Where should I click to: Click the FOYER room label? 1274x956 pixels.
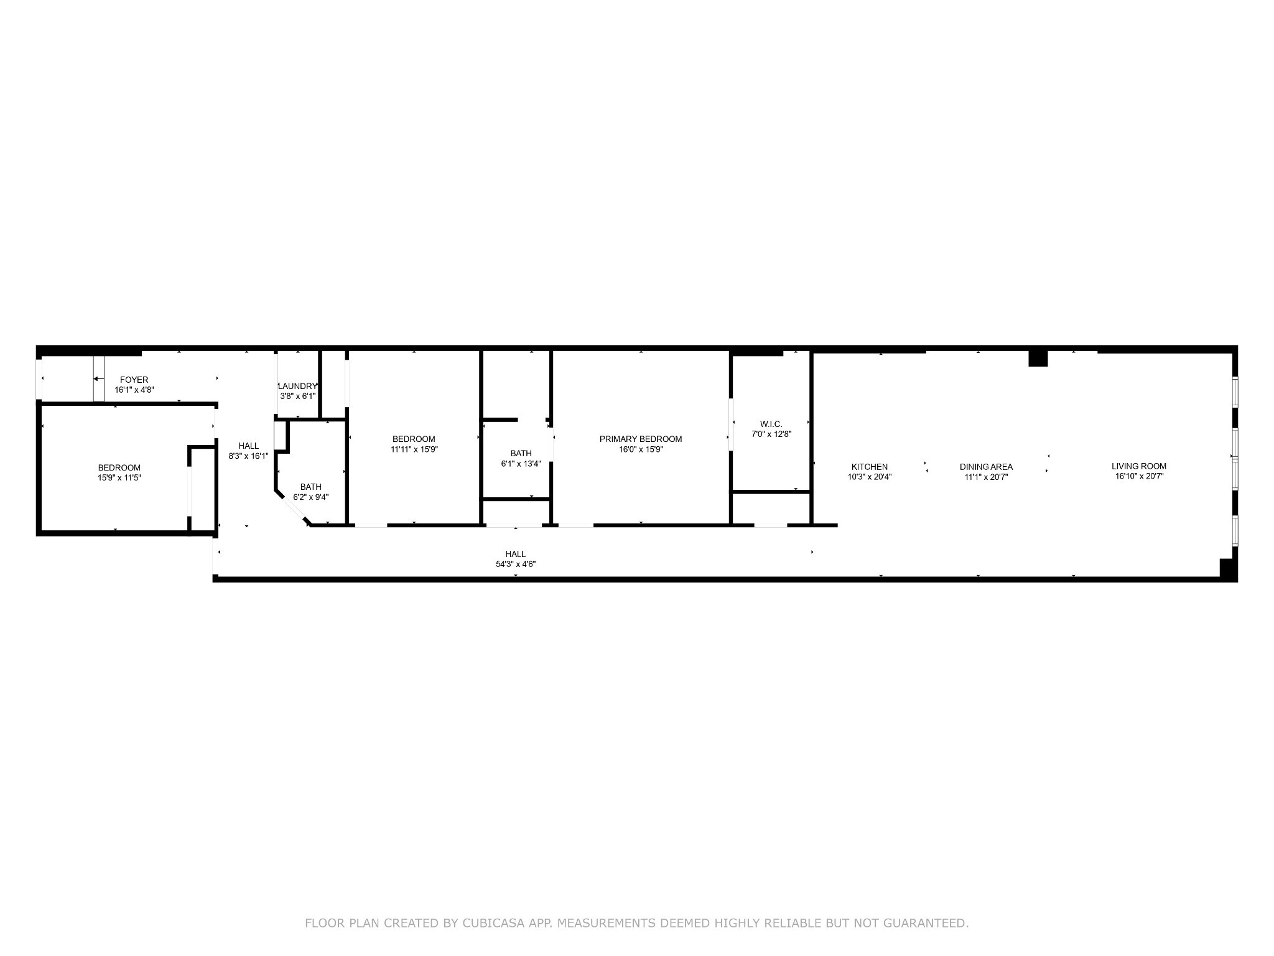click(134, 380)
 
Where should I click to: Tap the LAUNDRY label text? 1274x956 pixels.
click(297, 386)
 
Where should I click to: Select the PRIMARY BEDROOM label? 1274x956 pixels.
click(641, 439)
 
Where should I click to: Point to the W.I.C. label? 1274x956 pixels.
click(771, 424)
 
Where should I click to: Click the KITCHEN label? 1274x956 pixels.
click(870, 467)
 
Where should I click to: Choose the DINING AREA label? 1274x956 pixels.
click(986, 467)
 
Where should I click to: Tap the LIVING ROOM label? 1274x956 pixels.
click(1139, 466)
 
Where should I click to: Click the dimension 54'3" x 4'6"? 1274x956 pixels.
click(515, 565)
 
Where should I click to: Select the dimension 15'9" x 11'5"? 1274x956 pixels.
click(119, 478)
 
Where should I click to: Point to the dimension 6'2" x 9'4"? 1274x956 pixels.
click(311, 497)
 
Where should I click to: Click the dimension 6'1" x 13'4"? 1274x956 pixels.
click(521, 464)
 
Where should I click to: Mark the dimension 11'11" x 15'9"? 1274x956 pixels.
click(414, 449)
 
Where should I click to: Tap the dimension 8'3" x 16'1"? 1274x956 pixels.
click(249, 456)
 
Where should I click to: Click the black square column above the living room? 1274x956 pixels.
click(1038, 358)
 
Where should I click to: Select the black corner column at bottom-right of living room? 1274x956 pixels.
click(1228, 569)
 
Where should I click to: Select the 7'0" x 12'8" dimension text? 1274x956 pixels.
click(771, 434)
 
